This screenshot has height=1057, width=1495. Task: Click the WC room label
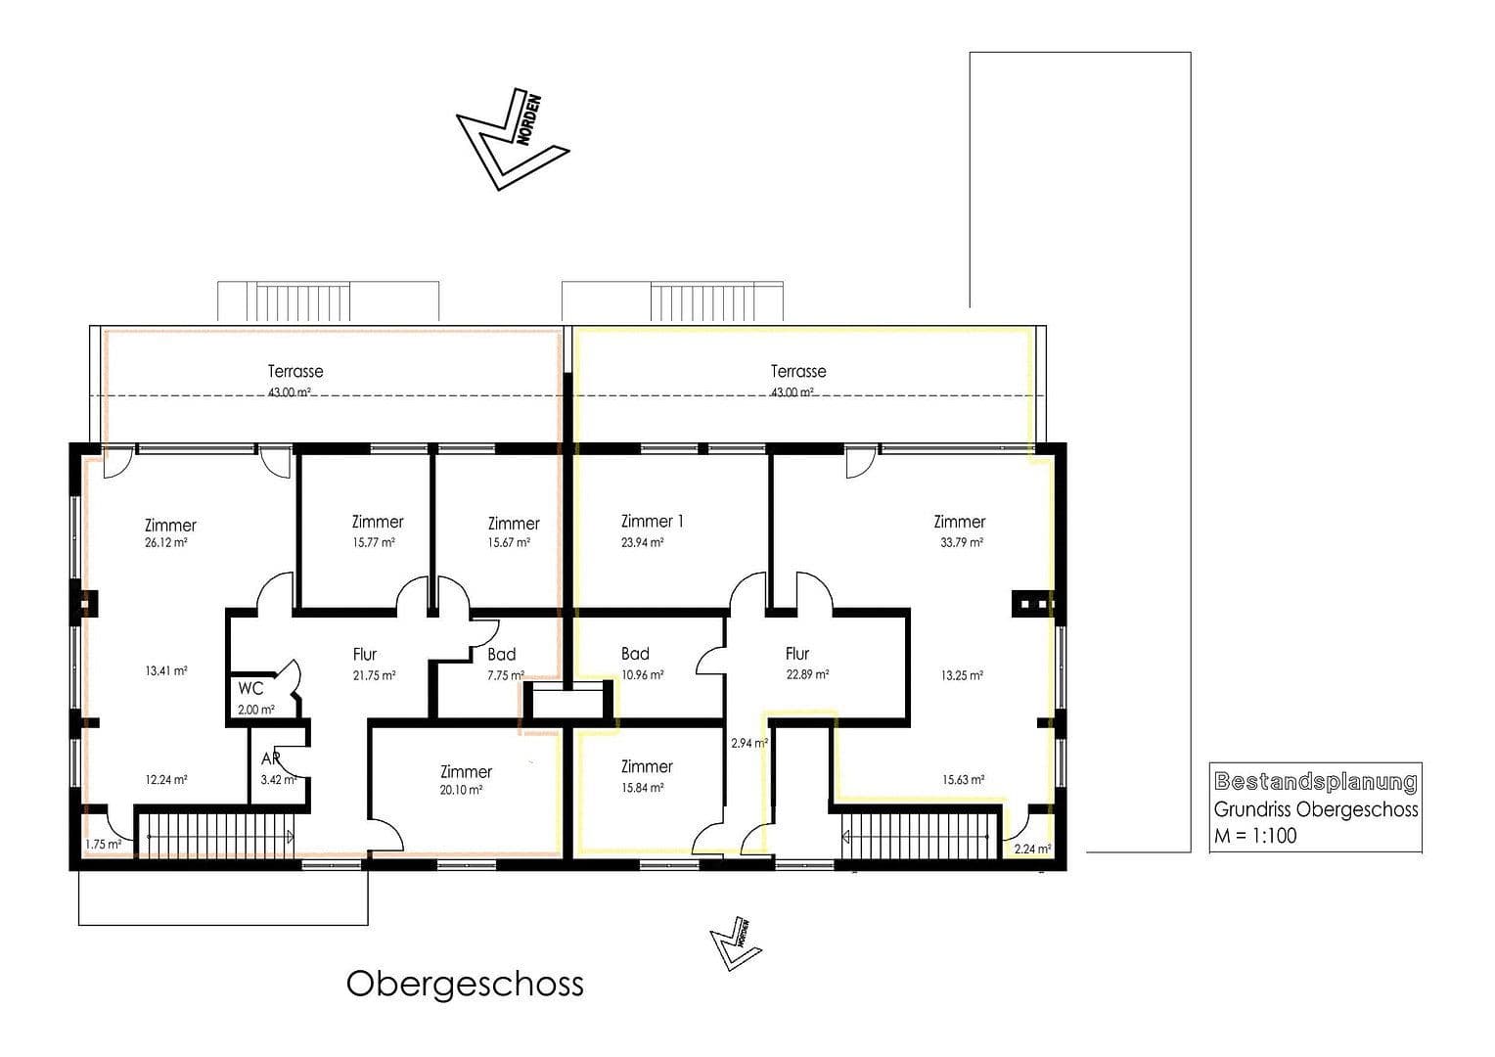coord(250,688)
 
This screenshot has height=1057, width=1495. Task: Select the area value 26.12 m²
coord(166,542)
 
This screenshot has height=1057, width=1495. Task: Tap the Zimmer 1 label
coord(652,522)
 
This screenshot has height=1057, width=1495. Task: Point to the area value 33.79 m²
coord(962,542)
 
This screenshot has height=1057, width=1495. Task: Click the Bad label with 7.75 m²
coord(501,654)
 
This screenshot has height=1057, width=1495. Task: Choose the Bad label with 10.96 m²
coord(635,654)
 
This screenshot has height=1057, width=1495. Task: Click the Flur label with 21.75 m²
coord(364,654)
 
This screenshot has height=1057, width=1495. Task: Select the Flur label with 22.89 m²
coord(797,654)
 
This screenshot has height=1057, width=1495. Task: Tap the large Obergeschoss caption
coord(465,984)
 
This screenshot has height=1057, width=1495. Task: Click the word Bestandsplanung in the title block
coord(1315,781)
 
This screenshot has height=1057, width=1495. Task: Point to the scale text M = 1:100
coord(1255,836)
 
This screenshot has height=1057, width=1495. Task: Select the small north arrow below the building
coord(735,942)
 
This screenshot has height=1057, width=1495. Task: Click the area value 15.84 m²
coord(643,787)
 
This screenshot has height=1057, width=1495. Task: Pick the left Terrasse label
coord(295,371)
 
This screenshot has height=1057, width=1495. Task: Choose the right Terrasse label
coord(798,371)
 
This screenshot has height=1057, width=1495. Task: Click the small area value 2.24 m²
coord(1032,849)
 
